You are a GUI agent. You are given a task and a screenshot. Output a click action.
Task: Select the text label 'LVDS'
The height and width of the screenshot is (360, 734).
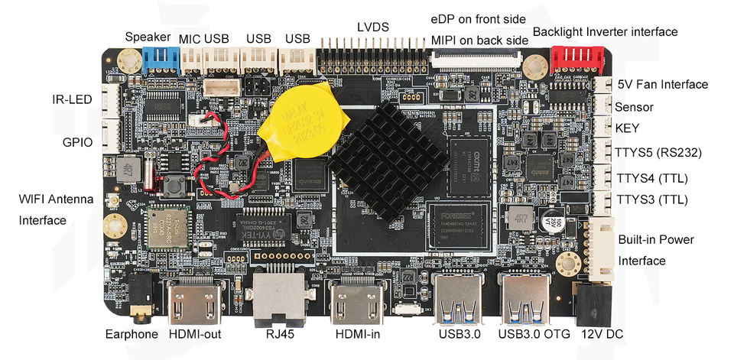372,27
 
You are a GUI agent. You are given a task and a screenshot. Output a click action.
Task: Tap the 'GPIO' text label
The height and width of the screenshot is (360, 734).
76,142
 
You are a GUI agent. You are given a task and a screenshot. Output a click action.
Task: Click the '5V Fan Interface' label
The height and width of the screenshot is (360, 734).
662,84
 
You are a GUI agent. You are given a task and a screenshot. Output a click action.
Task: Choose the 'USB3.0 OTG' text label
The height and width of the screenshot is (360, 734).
528,334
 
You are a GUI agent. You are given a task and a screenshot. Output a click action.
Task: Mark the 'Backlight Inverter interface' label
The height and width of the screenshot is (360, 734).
605,31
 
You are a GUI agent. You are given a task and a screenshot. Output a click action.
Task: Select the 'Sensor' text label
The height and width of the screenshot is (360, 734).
635,107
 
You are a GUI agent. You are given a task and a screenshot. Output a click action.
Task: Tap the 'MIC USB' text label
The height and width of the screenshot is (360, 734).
204,38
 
